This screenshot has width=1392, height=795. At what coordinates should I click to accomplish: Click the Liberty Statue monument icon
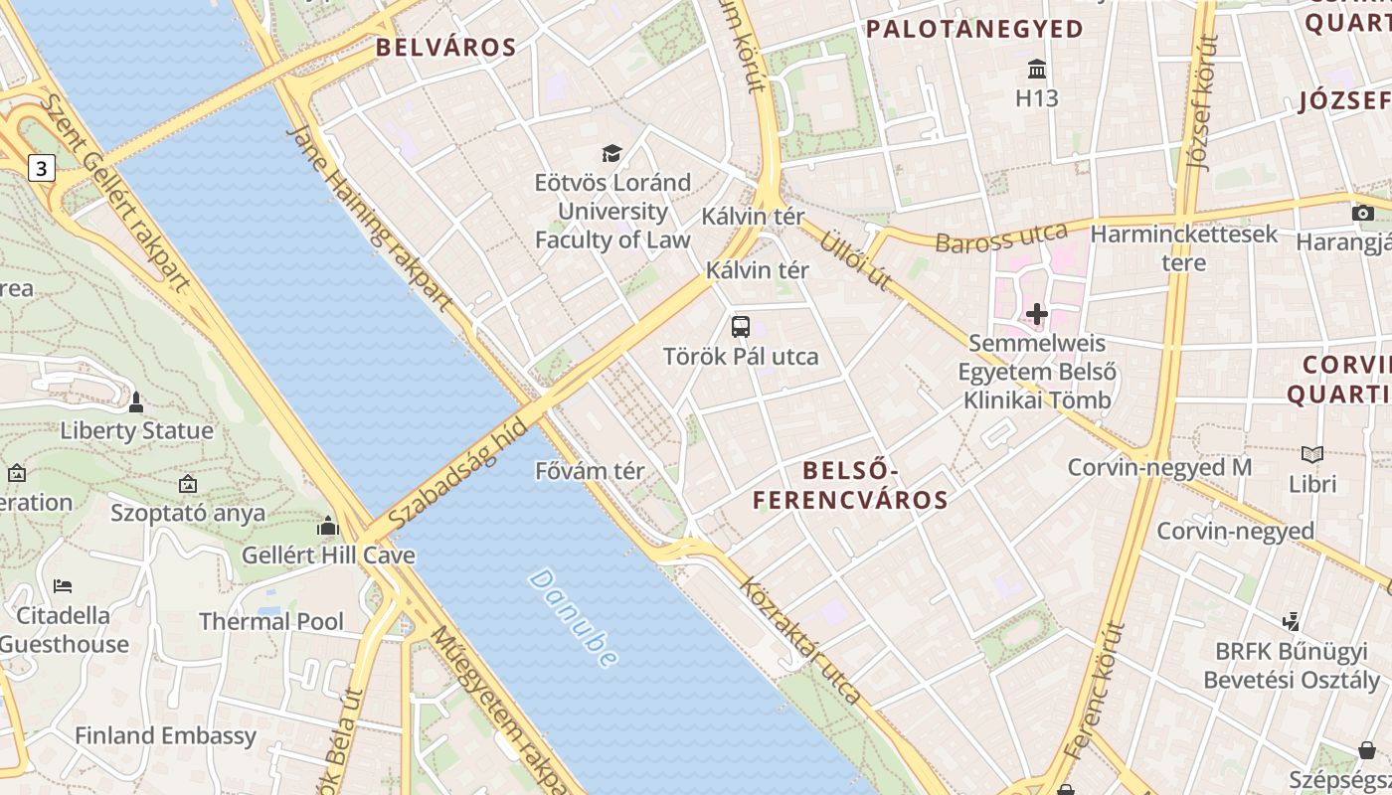tap(136, 402)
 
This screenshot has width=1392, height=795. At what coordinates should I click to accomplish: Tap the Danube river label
tap(575, 617)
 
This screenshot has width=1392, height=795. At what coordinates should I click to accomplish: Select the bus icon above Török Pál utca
tap(741, 326)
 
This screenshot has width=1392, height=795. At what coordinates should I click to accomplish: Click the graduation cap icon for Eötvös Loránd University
tap(611, 153)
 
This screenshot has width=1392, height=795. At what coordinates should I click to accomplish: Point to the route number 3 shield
tap(40, 168)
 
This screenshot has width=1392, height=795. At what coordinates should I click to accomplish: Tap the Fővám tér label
tap(590, 471)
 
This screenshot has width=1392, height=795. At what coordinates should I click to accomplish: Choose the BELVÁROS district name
tap(445, 48)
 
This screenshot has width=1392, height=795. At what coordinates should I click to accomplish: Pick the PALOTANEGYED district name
tap(974, 30)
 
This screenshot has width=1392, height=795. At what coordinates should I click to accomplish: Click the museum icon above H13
tap(1037, 70)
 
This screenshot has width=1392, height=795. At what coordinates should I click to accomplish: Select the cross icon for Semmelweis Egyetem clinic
tap(1037, 315)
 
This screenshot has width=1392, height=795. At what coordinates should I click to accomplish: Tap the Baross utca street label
tap(1001, 239)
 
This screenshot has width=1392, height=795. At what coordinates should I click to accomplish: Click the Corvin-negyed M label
tap(1159, 467)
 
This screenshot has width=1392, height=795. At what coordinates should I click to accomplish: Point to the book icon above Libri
tap(1312, 454)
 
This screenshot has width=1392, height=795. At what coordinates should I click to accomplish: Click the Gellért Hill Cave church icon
tap(328, 526)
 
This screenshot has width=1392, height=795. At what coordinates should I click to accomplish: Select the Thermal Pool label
tap(271, 622)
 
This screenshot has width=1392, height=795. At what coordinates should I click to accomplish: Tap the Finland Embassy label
tap(166, 736)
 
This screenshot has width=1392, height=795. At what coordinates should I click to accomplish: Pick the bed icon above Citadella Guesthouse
tap(63, 585)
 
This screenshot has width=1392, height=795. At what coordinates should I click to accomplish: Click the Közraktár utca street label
tap(801, 642)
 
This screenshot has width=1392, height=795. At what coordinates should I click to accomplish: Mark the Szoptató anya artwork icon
tap(188, 484)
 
